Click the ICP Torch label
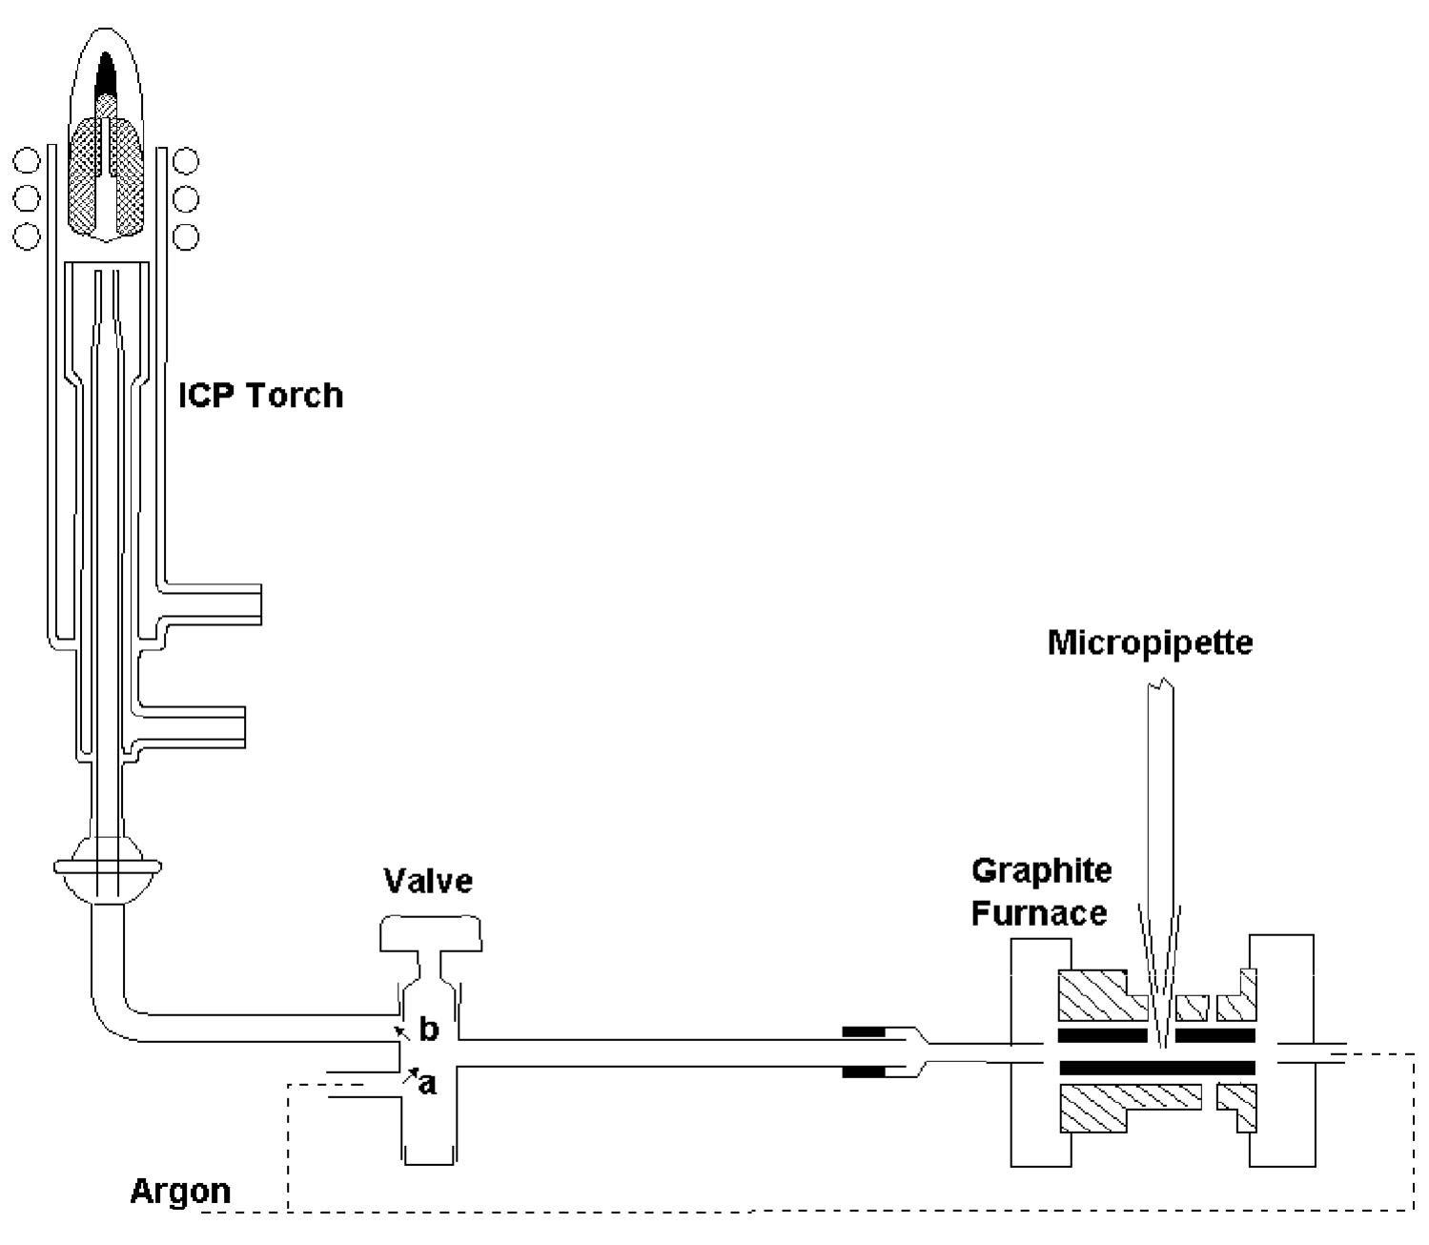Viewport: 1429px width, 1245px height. tap(261, 396)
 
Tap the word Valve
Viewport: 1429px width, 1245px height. tap(428, 881)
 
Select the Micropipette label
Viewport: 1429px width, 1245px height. tap(1151, 643)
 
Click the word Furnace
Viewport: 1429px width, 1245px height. tap(1039, 912)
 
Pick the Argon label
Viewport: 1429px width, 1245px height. tap(180, 1193)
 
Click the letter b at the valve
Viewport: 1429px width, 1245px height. tap(429, 1030)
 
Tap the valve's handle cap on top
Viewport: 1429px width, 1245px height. tap(431, 934)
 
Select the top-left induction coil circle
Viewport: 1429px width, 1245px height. tap(27, 161)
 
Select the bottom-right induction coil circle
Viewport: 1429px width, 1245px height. tap(185, 236)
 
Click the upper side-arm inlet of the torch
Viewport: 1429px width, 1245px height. tap(211, 604)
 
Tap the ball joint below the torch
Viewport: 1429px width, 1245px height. tap(109, 867)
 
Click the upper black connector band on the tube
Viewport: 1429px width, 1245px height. tap(864, 1031)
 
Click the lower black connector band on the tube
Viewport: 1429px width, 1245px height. tap(864, 1072)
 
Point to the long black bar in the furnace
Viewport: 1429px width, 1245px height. tap(1157, 1068)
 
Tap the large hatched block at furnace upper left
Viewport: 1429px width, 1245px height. tap(1103, 994)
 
